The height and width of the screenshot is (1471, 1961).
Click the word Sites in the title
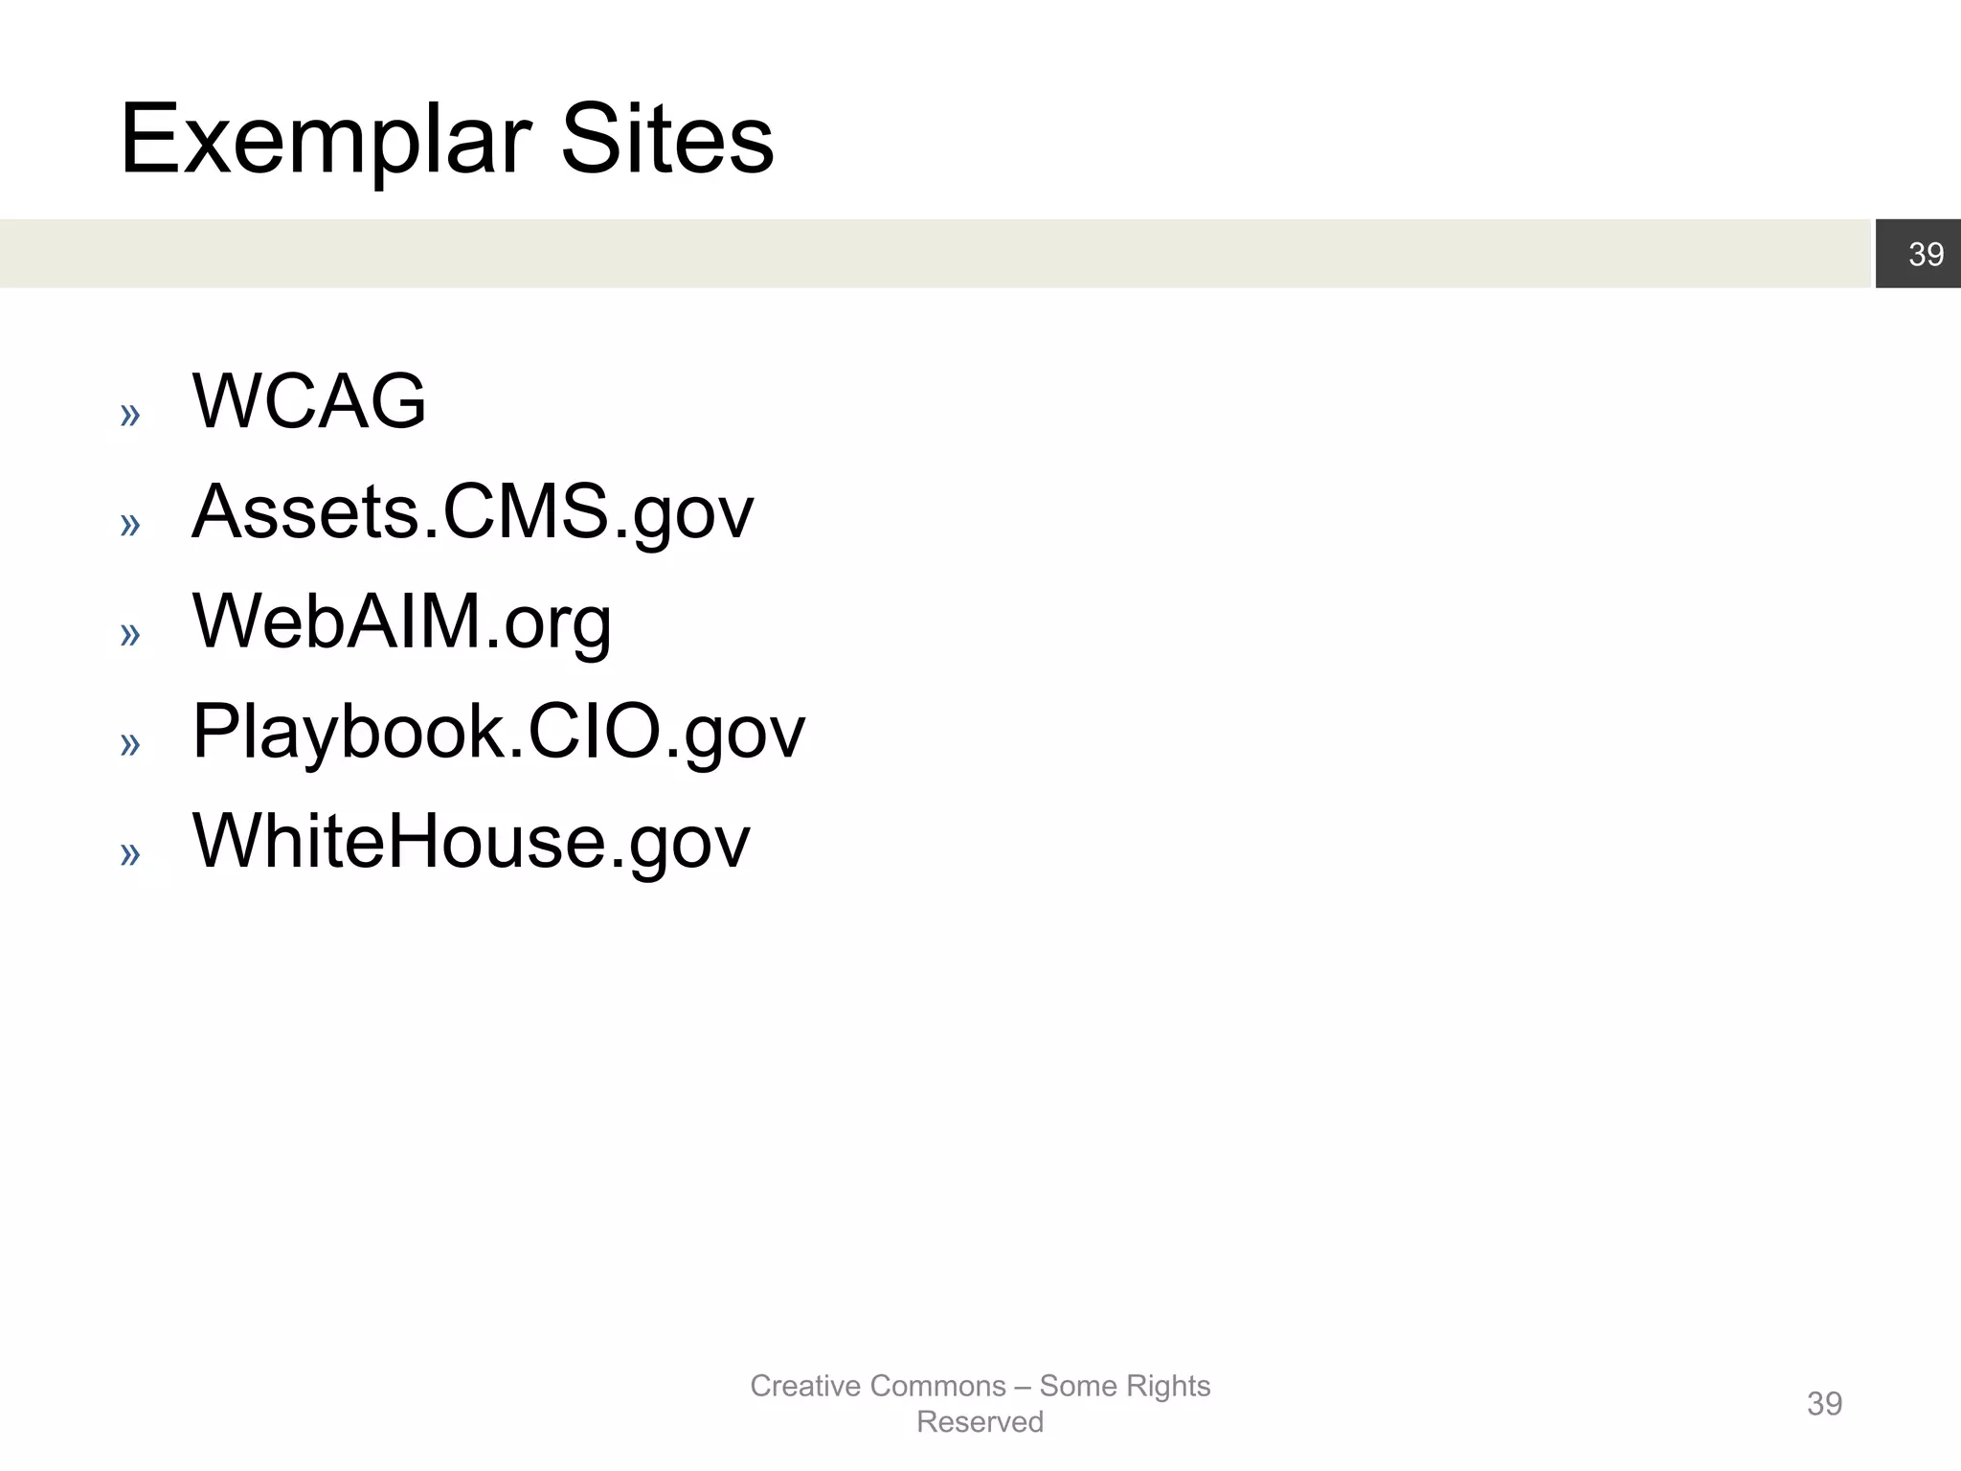click(x=666, y=141)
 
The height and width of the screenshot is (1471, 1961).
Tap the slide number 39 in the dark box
click(x=1926, y=254)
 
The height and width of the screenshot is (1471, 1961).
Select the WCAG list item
click(x=308, y=401)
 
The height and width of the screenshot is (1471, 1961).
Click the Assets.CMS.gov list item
click(x=472, y=512)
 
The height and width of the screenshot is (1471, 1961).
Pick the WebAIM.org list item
click(x=401, y=622)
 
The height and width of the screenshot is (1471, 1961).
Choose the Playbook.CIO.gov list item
click(x=498, y=733)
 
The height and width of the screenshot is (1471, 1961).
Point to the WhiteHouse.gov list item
click(x=471, y=842)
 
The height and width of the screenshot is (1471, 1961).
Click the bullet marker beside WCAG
click(x=130, y=416)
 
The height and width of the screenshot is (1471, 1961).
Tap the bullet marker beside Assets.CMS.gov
click(x=130, y=525)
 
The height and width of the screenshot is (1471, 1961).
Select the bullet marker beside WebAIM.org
click(x=130, y=634)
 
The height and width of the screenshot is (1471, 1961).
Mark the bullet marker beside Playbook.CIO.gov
click(x=130, y=744)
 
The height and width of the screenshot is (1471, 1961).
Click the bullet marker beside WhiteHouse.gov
click(x=130, y=854)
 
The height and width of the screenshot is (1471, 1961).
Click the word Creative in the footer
click(x=805, y=1386)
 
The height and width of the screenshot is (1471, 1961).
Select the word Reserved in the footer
click(x=980, y=1422)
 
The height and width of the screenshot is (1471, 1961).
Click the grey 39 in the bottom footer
click(x=1824, y=1404)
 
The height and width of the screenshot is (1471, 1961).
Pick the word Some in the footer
click(x=1078, y=1386)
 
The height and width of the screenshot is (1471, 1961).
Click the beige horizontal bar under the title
click(x=934, y=254)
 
